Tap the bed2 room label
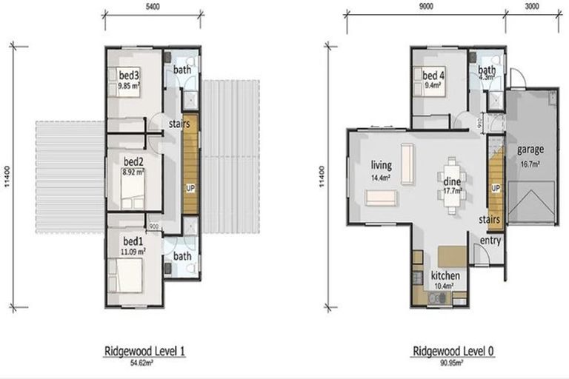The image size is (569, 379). tap(133, 161)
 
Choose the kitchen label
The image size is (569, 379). tap(445, 275)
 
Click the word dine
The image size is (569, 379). tap(453, 181)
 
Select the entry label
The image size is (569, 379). tap(490, 241)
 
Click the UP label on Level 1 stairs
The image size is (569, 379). tap(190, 188)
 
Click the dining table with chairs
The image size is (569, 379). tap(452, 185)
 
